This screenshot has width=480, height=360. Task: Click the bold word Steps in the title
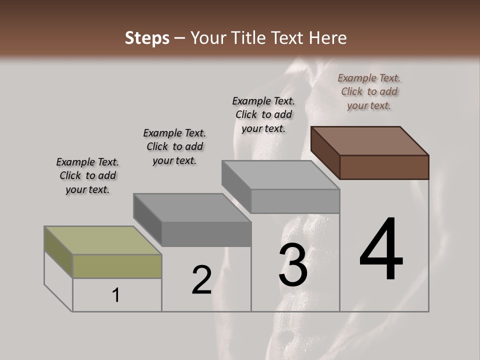click(x=147, y=38)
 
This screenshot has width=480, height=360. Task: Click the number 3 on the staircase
click(x=293, y=265)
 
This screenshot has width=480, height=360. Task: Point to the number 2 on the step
click(x=202, y=280)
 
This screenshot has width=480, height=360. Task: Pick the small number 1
click(x=116, y=295)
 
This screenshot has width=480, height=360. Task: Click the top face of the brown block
click(x=370, y=140)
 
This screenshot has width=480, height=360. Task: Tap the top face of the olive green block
click(x=102, y=240)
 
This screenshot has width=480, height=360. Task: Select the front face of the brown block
click(x=384, y=167)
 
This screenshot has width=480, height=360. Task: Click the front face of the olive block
click(x=117, y=266)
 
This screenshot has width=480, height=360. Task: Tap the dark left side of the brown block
click(x=325, y=152)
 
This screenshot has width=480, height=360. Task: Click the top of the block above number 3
click(x=280, y=175)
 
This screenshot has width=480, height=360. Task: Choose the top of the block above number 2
click(x=192, y=207)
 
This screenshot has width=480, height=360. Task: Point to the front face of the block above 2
click(x=206, y=234)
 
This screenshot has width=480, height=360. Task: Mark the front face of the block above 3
click(x=295, y=201)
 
